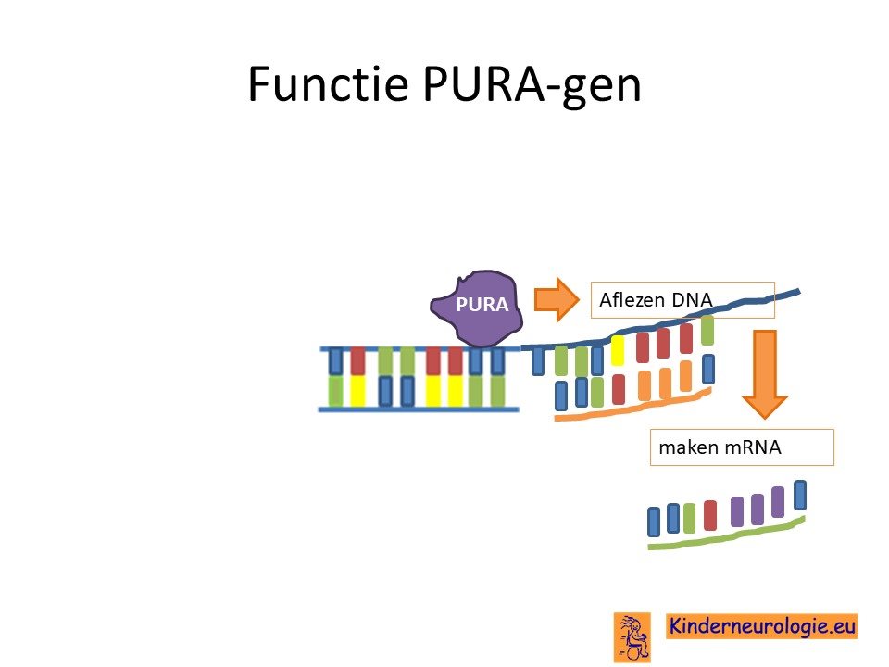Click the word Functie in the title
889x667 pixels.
(328, 84)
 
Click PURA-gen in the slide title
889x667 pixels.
(532, 86)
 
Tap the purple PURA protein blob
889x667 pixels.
(477, 308)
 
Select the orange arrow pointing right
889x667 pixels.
(557, 299)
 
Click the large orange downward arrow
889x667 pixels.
(765, 374)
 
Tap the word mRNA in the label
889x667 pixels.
(753, 447)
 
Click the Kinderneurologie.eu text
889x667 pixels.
(762, 626)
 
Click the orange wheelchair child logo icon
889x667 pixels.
(632, 637)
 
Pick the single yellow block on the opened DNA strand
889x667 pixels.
(618, 350)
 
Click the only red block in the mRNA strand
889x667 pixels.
(710, 515)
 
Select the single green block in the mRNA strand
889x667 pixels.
(689, 518)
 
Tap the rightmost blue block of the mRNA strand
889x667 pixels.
(800, 495)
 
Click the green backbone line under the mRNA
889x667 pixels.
(726, 535)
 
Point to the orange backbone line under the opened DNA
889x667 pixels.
(632, 406)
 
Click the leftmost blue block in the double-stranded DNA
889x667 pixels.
(336, 360)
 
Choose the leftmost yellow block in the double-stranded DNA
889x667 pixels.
(357, 391)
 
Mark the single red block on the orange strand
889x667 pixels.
(619, 389)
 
